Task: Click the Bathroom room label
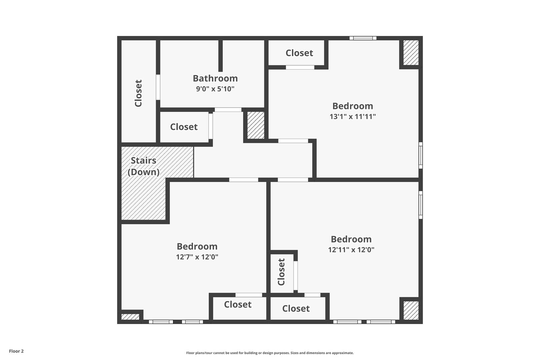coord(215,78)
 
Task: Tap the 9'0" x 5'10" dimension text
coord(215,89)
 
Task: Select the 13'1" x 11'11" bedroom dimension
coord(353,116)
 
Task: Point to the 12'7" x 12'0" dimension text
coord(197,257)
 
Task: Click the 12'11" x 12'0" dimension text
coord(351,250)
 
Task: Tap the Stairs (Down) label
coord(143,166)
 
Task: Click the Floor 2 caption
coord(16,351)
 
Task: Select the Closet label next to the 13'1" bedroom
coord(299,53)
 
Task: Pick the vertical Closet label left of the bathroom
coord(138,93)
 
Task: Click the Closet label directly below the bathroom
coord(184,127)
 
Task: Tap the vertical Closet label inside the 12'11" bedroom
coord(281,272)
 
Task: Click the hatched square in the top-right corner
coord(411,53)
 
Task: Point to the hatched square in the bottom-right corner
coord(411,310)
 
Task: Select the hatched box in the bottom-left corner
coord(130,317)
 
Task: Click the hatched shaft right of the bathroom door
coord(256,125)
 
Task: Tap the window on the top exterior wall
coord(363,38)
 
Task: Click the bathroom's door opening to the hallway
coord(228,110)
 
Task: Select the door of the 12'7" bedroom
coord(243,180)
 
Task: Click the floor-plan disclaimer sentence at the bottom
coord(270,353)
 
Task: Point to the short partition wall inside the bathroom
coord(220,56)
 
